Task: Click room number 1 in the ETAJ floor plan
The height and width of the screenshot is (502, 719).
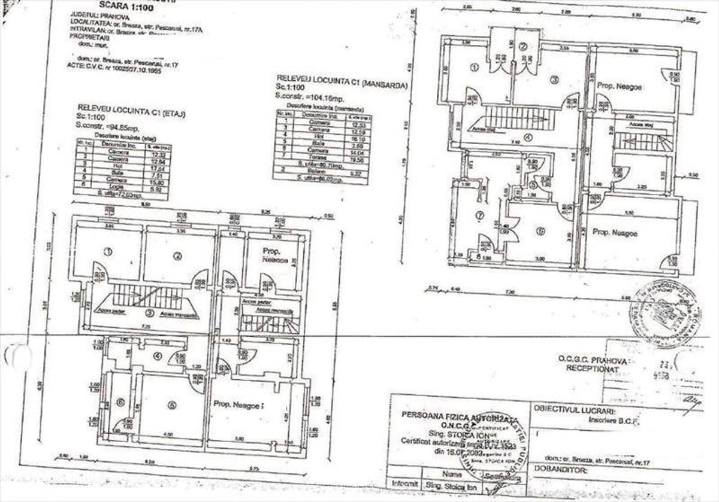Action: tap(108, 252)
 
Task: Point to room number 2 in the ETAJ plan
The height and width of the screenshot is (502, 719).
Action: tap(177, 256)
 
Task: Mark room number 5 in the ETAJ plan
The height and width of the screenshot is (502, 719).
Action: tap(173, 405)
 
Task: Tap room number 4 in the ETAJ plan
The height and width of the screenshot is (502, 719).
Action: tap(158, 357)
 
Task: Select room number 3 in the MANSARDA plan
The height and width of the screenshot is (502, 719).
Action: tap(554, 79)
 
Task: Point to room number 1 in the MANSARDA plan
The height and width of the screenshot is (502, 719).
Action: tap(474, 68)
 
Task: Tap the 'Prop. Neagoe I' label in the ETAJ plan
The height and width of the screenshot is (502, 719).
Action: tap(238, 405)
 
